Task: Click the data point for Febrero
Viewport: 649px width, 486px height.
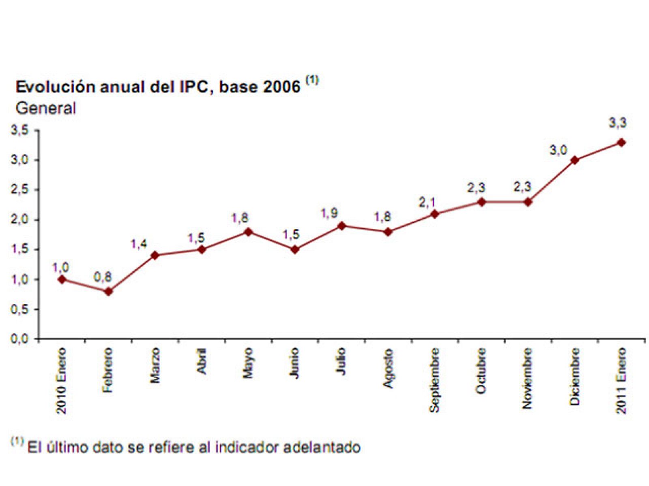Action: click(108, 291)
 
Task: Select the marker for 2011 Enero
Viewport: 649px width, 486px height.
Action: click(621, 142)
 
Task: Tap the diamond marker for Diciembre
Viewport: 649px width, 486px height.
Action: click(574, 160)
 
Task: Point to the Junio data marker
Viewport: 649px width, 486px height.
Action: click(295, 249)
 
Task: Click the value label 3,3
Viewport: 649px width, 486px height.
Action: click(617, 123)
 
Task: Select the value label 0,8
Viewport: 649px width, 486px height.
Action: click(102, 277)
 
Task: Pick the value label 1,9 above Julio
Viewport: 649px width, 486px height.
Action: click(329, 213)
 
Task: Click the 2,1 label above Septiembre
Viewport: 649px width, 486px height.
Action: click(427, 202)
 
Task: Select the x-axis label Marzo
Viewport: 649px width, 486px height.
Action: click(155, 365)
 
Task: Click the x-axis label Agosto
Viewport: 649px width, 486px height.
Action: click(388, 368)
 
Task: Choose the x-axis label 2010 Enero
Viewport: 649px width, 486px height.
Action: click(61, 381)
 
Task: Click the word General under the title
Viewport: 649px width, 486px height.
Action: click(45, 109)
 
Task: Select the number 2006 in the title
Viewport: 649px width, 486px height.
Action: click(282, 87)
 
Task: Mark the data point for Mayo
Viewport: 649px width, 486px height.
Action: click(248, 232)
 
